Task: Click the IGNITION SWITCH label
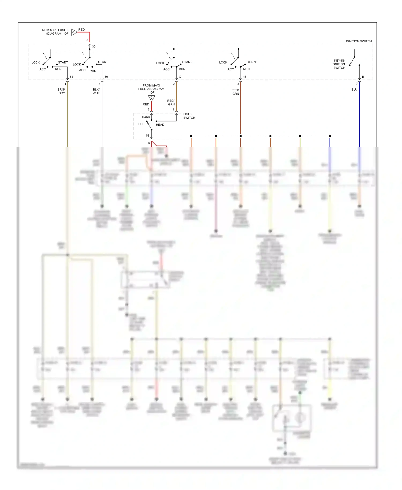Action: (x=359, y=41)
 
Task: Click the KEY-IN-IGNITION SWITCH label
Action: (x=338, y=64)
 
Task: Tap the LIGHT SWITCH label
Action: (x=189, y=116)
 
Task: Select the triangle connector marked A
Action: (x=74, y=32)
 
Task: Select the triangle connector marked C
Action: (x=151, y=98)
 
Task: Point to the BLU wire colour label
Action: (x=354, y=90)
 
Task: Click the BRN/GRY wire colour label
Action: (x=61, y=91)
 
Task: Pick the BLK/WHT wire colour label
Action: (x=96, y=91)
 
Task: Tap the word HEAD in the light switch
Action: (x=160, y=125)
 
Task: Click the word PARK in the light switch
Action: (x=146, y=117)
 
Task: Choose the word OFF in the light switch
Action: (x=141, y=124)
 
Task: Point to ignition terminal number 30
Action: (x=94, y=47)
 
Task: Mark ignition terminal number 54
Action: (x=72, y=77)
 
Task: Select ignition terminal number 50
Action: (x=106, y=77)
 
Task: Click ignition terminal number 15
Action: (x=245, y=77)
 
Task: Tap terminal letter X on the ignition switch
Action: (x=180, y=77)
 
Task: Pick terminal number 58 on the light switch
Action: (x=148, y=136)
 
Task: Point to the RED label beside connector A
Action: (x=81, y=30)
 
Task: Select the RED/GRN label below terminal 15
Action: (x=235, y=92)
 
